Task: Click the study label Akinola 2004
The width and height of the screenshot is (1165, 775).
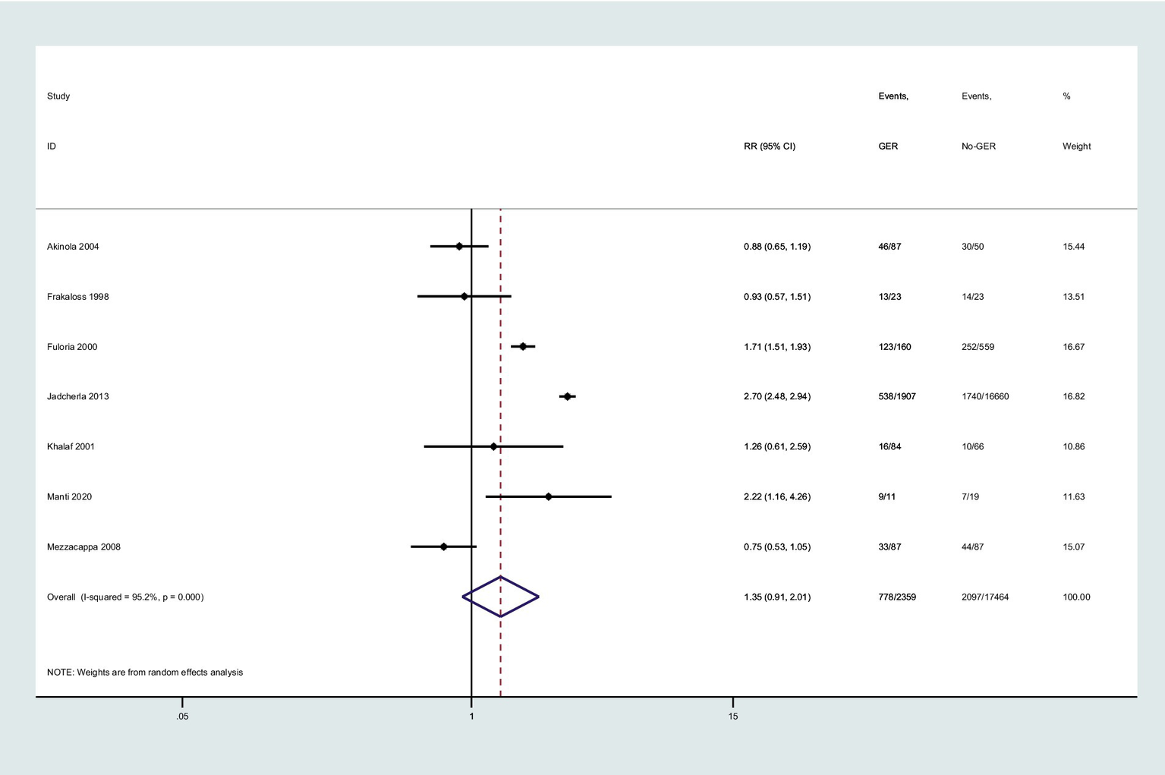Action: point(73,247)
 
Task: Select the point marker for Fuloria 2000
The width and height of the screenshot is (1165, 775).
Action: point(523,346)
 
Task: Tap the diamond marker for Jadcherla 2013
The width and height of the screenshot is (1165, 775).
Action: point(568,396)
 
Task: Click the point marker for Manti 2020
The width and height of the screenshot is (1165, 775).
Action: point(549,496)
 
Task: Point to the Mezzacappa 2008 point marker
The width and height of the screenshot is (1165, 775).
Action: point(444,547)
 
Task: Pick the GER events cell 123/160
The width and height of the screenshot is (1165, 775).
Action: point(895,347)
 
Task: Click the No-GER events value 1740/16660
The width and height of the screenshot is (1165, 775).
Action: point(985,396)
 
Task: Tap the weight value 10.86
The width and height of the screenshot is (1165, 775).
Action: point(1073,446)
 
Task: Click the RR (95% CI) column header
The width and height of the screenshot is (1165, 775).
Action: point(770,146)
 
